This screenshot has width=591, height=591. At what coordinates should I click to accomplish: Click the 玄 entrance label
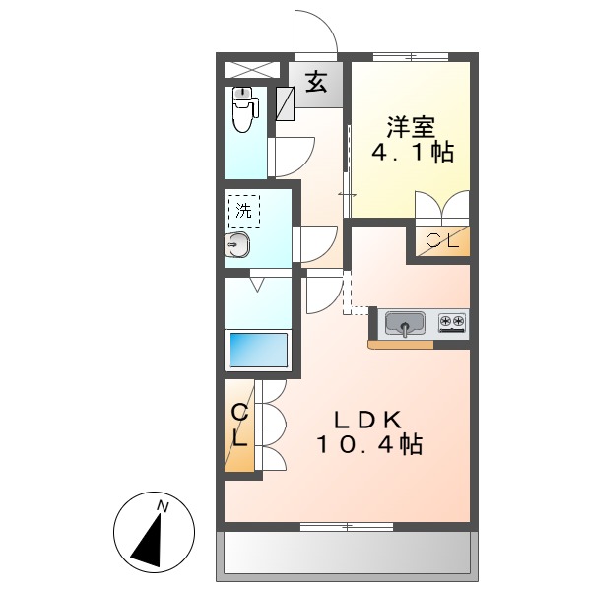click(316, 82)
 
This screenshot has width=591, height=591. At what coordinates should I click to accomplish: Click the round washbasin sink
click(239, 245)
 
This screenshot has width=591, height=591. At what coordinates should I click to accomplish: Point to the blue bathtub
click(258, 351)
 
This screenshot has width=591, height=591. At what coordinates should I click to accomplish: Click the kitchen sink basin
click(405, 322)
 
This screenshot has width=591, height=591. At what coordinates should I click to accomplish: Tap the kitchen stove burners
click(452, 321)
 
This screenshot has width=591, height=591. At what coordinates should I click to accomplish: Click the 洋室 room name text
click(411, 127)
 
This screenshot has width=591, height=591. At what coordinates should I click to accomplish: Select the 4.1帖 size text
click(411, 153)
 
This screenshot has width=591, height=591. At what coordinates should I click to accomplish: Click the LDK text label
click(368, 418)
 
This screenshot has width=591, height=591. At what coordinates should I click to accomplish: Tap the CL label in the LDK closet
click(239, 426)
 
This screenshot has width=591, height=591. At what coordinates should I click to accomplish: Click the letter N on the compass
click(164, 507)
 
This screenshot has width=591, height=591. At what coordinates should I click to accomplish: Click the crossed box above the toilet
click(253, 70)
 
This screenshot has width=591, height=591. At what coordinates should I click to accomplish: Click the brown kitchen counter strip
click(401, 345)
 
